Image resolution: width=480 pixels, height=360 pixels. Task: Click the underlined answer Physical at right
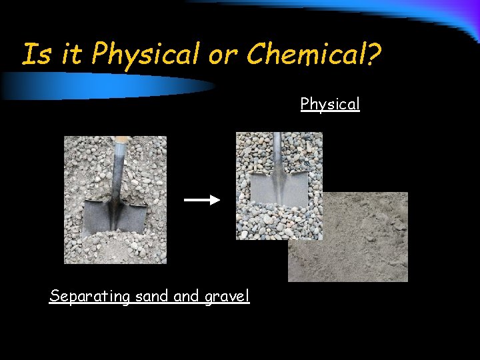point(330,104)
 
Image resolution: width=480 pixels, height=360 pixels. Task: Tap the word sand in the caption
point(151,296)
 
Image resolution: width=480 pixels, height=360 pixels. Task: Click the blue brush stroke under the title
point(107,85)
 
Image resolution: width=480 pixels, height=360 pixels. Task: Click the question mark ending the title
point(372,54)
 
